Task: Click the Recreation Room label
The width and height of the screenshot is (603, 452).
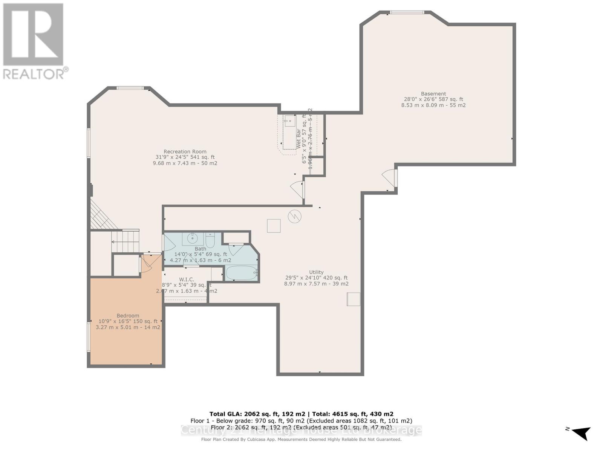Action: (185, 152)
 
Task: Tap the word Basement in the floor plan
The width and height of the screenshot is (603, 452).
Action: (433, 94)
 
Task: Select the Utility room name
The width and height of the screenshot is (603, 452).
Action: (316, 272)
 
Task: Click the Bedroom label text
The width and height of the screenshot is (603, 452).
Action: (128, 316)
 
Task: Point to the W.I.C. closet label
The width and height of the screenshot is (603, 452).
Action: (187, 279)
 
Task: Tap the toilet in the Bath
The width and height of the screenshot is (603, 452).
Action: (210, 240)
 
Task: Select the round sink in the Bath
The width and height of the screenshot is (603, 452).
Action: (193, 238)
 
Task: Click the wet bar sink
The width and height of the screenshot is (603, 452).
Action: (290, 121)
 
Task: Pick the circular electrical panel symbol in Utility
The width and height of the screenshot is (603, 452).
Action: (294, 217)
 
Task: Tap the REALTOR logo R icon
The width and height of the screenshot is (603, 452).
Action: (33, 35)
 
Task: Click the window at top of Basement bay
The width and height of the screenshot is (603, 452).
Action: (407, 12)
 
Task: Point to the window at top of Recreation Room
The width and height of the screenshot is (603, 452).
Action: (130, 88)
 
